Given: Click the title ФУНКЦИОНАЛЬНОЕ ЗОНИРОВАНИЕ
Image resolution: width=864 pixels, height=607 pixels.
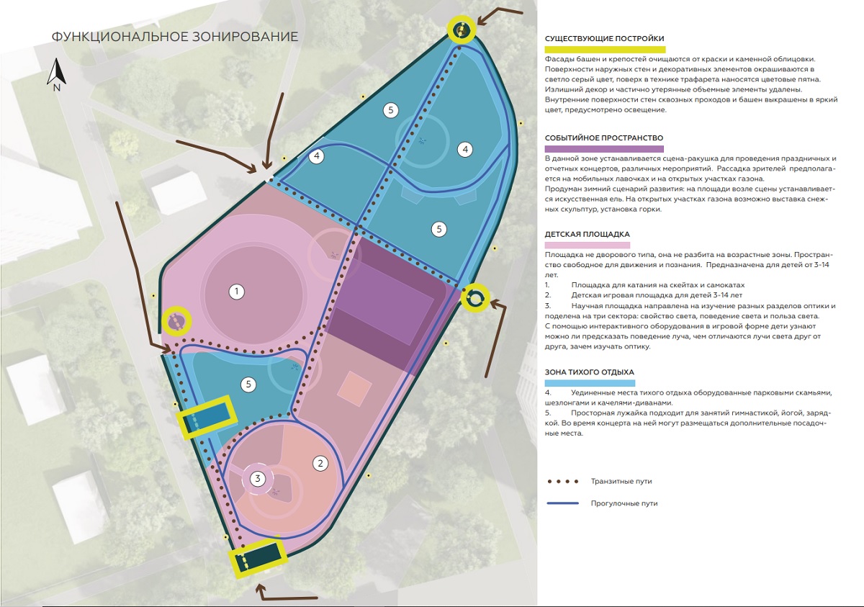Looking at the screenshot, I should (x=175, y=37).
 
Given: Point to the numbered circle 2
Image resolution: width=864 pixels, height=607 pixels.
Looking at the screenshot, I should (x=320, y=463).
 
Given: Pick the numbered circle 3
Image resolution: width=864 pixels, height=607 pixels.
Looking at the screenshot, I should (x=258, y=477).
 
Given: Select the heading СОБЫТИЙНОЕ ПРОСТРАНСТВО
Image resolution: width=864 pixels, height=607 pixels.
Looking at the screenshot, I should (x=603, y=138).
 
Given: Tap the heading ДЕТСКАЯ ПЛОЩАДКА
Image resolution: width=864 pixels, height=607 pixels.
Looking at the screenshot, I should (x=587, y=234).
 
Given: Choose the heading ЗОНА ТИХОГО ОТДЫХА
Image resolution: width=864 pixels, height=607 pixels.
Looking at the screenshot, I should (x=589, y=372).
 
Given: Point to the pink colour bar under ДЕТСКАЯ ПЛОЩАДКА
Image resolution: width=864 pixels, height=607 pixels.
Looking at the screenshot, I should (x=588, y=245).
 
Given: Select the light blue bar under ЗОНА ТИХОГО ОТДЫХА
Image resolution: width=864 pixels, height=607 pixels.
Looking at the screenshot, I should (x=590, y=382).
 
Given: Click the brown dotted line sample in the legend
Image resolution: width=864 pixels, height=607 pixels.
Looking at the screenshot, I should (x=562, y=480).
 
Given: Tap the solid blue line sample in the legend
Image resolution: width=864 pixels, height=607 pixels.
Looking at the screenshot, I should (x=562, y=503).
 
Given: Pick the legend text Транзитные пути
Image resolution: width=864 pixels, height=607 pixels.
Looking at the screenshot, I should (x=621, y=480).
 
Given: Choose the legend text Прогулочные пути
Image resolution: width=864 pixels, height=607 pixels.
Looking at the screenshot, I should (x=624, y=503).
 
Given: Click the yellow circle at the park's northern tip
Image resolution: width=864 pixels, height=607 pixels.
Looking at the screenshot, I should (x=462, y=30).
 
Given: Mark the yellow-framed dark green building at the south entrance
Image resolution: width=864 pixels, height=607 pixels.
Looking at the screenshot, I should (x=257, y=557).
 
